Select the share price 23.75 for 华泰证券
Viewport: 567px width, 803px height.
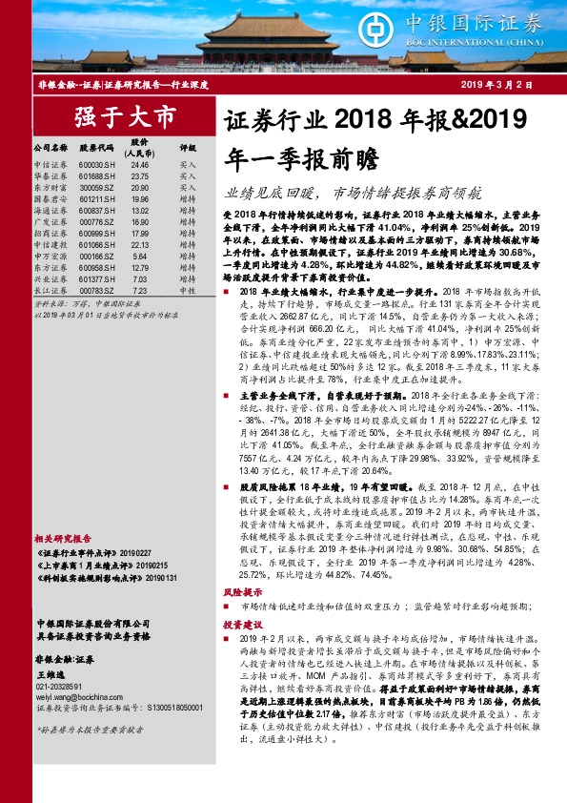pyautogui.click(x=140, y=176)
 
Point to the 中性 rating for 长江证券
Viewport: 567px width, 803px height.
pyautogui.click(x=187, y=290)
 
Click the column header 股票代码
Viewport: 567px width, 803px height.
pyautogui.click(x=96, y=149)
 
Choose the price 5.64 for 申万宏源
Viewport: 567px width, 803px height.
pyautogui.click(x=140, y=256)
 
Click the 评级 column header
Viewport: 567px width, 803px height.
pyautogui.click(x=188, y=149)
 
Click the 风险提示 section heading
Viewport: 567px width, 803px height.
pyautogui.click(x=241, y=592)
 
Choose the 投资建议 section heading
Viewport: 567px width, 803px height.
pyautogui.click(x=241, y=623)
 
